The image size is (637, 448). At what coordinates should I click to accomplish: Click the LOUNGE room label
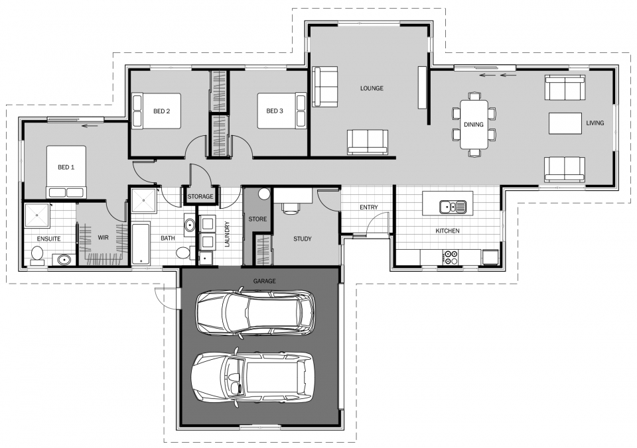pyautogui.click(x=372, y=88)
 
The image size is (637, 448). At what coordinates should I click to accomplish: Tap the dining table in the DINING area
pyautogui.click(x=474, y=125)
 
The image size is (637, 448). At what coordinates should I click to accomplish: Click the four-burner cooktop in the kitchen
pyautogui.click(x=451, y=257)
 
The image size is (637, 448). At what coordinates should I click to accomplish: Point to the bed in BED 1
pyautogui.click(x=66, y=172)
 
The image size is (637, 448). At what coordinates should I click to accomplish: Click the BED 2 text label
pyautogui.click(x=162, y=111)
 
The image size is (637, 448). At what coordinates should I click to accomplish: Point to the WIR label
pyautogui.click(x=103, y=237)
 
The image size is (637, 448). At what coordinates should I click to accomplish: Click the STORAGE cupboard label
pyautogui.click(x=200, y=197)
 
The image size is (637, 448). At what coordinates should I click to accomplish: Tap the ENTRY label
pyautogui.click(x=368, y=207)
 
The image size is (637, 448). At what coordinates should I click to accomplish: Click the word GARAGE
pyautogui.click(x=264, y=281)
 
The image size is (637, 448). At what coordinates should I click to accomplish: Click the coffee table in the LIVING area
pyautogui.click(x=564, y=124)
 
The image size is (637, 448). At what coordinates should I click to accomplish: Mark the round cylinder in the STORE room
pyautogui.click(x=264, y=194)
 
